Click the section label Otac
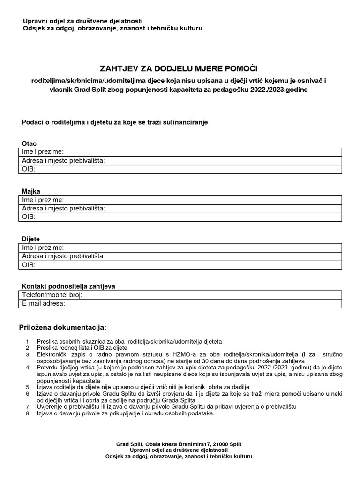29,143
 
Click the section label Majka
31,191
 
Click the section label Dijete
31,239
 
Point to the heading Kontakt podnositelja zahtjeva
68,286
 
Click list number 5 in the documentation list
29,387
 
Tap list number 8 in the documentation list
29,413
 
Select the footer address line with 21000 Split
179,443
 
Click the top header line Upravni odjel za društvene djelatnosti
83,21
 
